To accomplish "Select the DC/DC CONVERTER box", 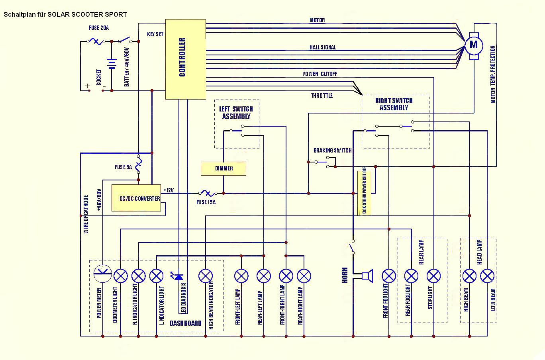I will (x=136, y=198).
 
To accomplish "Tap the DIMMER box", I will (x=223, y=168).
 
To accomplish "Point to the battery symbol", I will (x=112, y=64).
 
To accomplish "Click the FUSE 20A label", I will (x=98, y=28).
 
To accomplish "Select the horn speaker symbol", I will (x=367, y=276).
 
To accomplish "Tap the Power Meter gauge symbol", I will (x=102, y=274).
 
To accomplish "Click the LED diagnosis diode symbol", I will (x=178, y=276).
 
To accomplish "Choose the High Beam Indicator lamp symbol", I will (x=206, y=276).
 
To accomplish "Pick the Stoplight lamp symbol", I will (x=433, y=276).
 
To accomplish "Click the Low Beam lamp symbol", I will (x=487, y=276).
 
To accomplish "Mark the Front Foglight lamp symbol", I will (x=389, y=276).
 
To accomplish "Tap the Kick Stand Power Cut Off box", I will (x=365, y=193).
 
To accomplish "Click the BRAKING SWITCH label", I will (x=332, y=151).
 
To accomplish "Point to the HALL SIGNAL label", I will (x=323, y=47).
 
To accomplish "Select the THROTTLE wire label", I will (x=322, y=96).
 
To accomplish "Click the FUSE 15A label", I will (x=206, y=202).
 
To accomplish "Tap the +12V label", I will (x=169, y=190).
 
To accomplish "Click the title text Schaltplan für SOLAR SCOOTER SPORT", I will (x=65, y=14).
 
